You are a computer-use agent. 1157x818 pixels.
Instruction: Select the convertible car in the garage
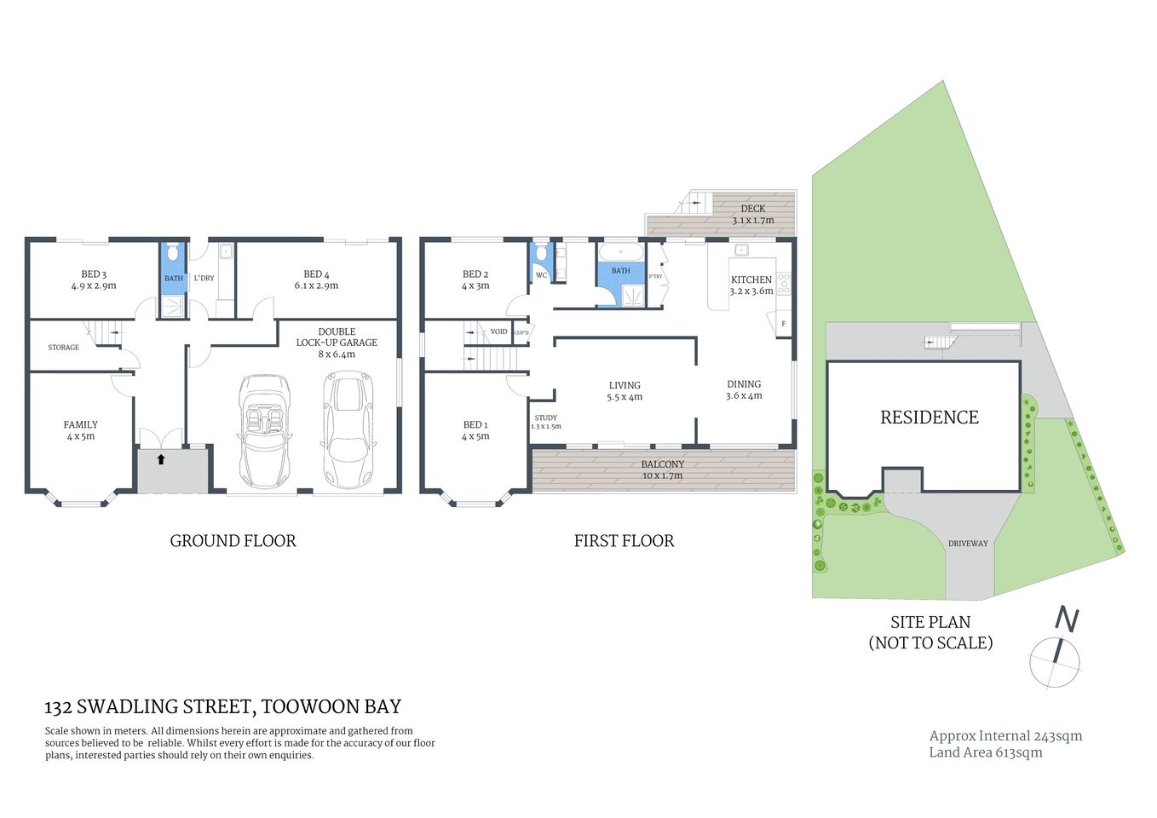[x=265, y=429]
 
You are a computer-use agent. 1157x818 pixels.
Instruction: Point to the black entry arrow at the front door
[x=160, y=460]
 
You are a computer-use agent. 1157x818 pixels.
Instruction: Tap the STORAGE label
[x=64, y=348]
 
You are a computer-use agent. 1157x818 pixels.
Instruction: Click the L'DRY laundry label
[x=204, y=279]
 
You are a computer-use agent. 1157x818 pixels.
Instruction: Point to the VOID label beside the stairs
[x=498, y=331]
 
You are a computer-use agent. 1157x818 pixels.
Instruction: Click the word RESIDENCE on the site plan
[x=929, y=418]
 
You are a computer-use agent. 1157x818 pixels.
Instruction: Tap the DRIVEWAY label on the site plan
[x=968, y=544]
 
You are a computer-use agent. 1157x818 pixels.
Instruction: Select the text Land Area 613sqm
[x=985, y=752]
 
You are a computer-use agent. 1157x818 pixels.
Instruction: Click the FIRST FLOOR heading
[x=624, y=541]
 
